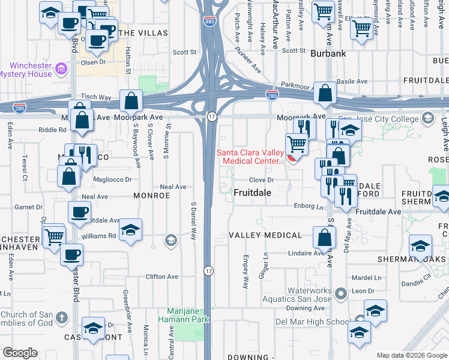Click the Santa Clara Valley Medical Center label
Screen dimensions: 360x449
pos(250,157)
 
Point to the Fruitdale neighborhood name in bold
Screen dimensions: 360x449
pos(252,193)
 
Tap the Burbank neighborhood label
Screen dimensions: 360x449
pos(328,53)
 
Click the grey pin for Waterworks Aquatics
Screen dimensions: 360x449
pos(341,294)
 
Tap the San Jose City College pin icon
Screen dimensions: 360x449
pos(427,118)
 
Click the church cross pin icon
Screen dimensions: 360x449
pos(61,316)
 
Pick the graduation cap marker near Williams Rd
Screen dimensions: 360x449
pos(130,230)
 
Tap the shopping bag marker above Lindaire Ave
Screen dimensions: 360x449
pos(324,237)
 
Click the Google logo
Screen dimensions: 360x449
pos(20,352)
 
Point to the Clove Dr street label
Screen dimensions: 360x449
pos(262,179)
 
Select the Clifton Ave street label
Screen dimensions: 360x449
pos(162,277)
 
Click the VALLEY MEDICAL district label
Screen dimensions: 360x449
pos(265,235)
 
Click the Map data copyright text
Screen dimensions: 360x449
pos(411,355)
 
